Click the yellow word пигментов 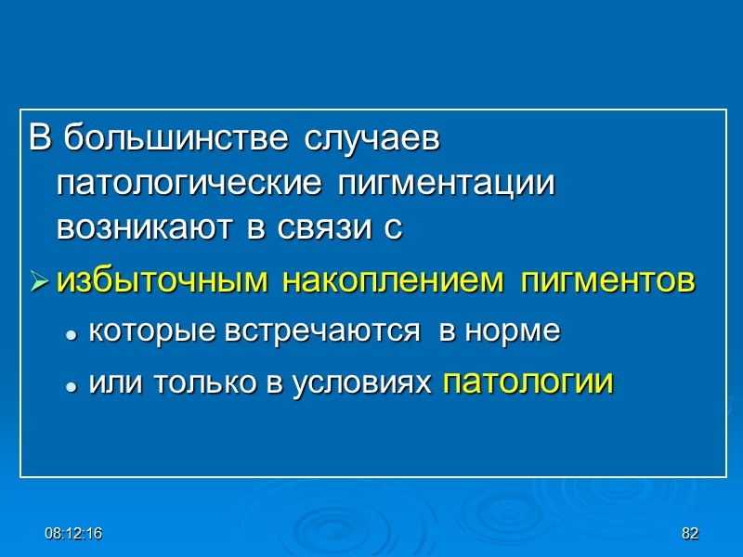tap(607, 282)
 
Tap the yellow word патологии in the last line tap(528, 382)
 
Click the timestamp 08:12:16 tap(75, 534)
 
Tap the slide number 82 tap(689, 534)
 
